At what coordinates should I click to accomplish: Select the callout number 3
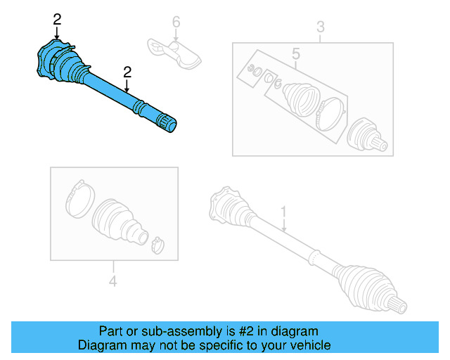pyautogui.click(x=320, y=28)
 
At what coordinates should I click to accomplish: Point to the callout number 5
pyautogui.click(x=295, y=53)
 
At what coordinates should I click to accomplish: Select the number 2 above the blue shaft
pyautogui.click(x=127, y=71)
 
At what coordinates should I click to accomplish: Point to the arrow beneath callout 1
pyautogui.click(x=283, y=225)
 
